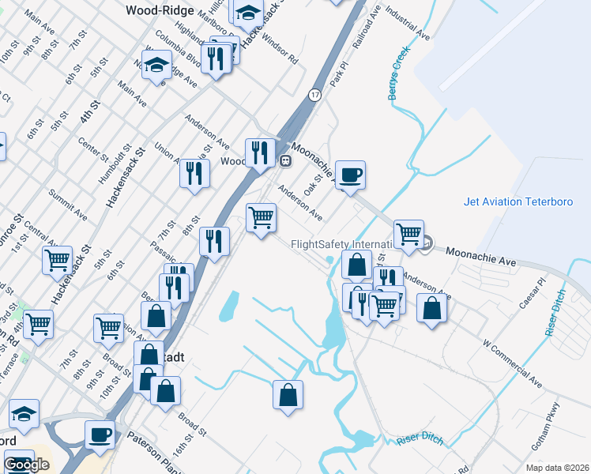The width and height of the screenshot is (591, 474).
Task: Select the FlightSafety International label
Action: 342,245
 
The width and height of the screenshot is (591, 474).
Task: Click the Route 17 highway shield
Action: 314,95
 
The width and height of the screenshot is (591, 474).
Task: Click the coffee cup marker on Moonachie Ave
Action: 350,175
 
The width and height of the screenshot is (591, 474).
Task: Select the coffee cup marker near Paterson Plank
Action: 100,434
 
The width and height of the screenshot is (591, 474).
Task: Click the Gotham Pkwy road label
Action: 550,434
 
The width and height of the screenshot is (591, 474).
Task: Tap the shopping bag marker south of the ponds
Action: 288,394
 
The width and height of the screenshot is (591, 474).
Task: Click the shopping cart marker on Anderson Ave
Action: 261,216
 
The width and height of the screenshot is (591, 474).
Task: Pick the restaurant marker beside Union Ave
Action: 194,175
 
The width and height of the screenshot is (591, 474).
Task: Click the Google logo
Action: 26,465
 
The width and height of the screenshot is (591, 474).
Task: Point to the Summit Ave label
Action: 66,203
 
